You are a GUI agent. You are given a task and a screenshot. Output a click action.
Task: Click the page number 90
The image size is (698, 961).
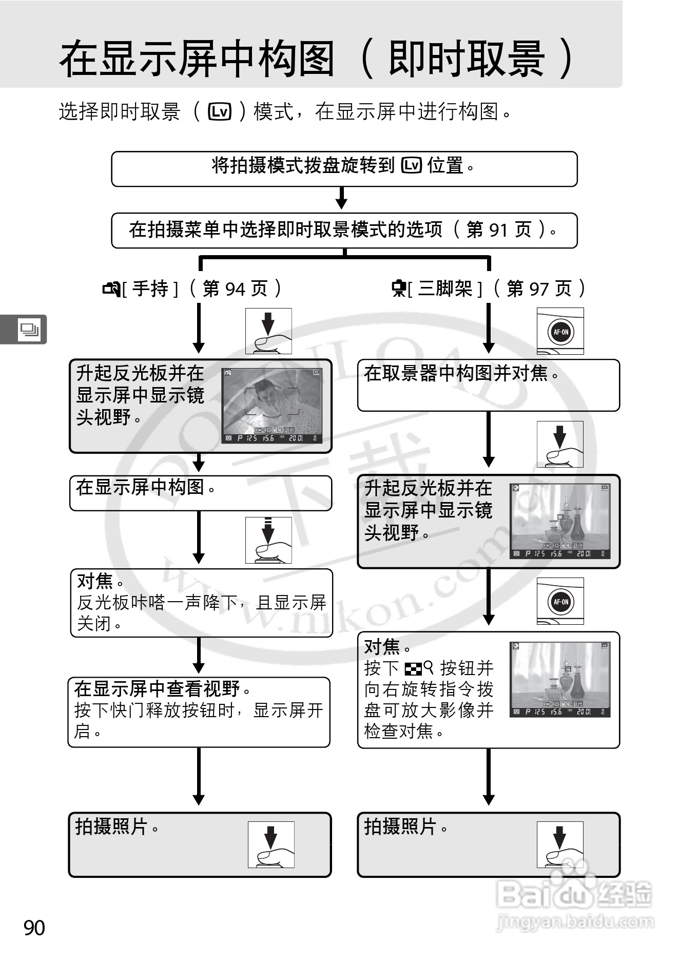34,928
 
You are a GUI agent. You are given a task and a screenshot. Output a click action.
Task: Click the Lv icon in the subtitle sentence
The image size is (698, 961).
220,111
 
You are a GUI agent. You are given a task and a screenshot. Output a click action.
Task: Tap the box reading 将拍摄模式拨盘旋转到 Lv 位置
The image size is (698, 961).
344,168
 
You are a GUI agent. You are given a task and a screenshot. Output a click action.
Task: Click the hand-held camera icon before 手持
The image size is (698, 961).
111,289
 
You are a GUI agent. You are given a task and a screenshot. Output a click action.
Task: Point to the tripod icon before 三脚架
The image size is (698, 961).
399,289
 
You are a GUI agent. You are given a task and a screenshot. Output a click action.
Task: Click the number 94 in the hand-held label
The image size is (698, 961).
235,289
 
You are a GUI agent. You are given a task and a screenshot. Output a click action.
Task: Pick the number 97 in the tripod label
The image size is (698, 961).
538,289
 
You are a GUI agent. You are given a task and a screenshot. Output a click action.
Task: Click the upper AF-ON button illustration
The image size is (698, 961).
560,332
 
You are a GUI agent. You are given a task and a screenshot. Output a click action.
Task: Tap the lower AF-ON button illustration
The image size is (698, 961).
560,601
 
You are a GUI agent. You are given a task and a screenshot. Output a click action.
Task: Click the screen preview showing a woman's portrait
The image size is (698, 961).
272,406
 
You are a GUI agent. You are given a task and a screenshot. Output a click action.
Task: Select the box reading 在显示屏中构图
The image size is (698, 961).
201,493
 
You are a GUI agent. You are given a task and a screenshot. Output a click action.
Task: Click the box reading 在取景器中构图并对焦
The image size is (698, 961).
488,385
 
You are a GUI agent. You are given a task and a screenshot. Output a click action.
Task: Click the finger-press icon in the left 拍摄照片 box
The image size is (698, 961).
271,844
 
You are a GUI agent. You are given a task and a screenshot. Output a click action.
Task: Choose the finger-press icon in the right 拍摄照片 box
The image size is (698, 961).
560,844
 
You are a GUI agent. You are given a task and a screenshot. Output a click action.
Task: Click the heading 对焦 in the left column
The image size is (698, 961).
94,581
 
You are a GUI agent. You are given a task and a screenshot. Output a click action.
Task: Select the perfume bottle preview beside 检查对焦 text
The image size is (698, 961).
560,679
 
